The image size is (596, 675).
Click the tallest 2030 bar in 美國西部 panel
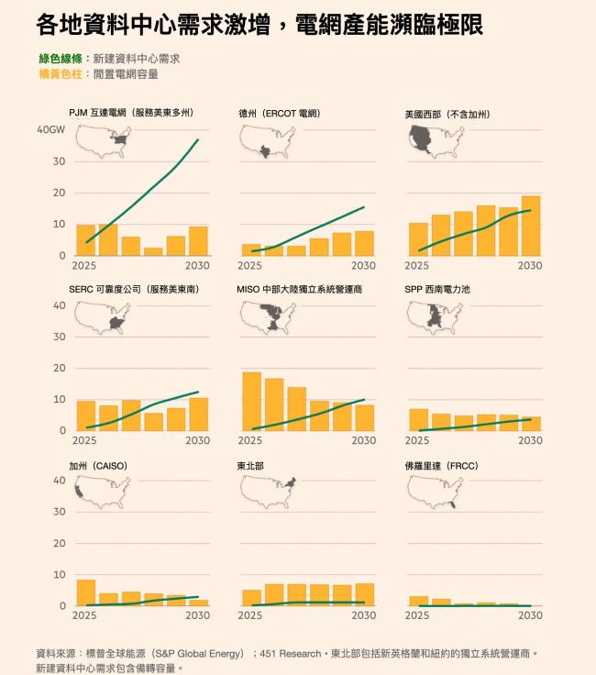pos(531,226)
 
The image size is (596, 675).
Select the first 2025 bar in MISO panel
pos(251,401)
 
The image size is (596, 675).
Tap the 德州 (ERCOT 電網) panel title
pos(279,114)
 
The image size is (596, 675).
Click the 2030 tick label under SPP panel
pos(530,440)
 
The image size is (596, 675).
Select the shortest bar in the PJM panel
pos(152,251)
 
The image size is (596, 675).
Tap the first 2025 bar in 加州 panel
pos(86,592)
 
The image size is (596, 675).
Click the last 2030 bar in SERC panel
pos(198,414)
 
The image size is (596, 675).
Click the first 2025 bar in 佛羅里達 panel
pos(418,601)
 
